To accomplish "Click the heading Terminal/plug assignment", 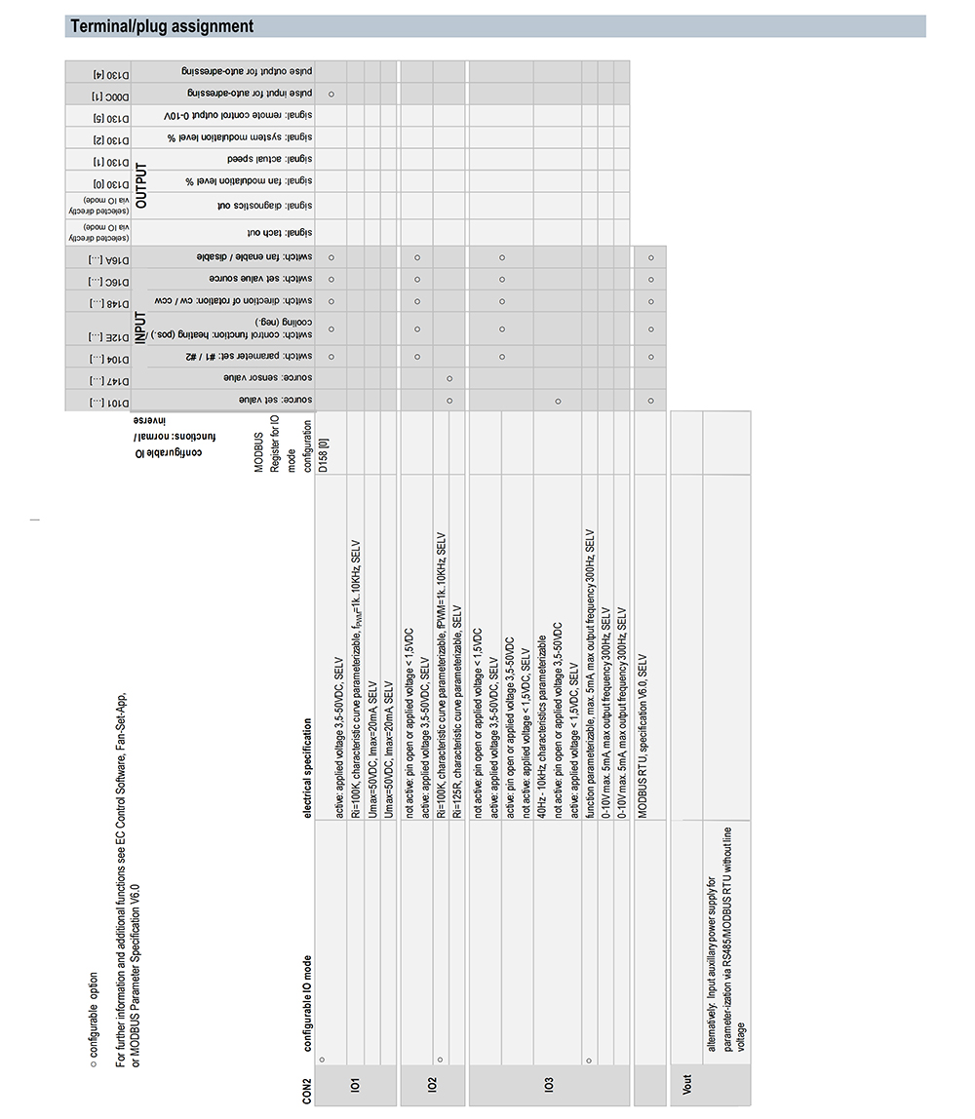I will pyautogui.click(x=162, y=26).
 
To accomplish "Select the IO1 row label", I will pyautogui.click(x=355, y=1084).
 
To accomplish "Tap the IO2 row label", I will pyautogui.click(x=432, y=1084).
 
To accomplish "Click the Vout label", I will pyautogui.click(x=687, y=1084).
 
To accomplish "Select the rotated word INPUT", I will pyautogui.click(x=141, y=333).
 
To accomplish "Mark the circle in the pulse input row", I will pyautogui.click(x=331, y=94).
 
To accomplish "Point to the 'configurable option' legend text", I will pyautogui.click(x=94, y=1004).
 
